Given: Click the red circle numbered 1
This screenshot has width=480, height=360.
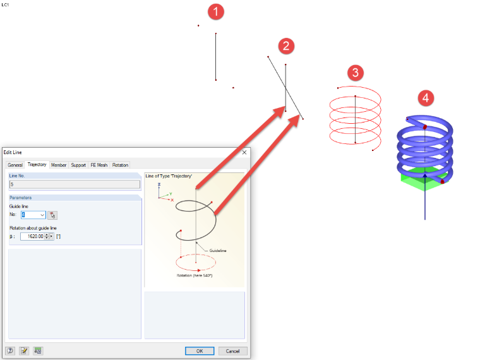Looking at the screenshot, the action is [x=216, y=12].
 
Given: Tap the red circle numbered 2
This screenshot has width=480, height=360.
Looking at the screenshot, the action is [x=286, y=46].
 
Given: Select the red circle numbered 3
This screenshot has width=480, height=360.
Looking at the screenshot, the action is [x=356, y=73].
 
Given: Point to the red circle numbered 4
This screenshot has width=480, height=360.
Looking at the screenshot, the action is [x=426, y=98].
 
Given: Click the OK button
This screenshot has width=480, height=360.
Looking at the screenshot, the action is [x=200, y=351].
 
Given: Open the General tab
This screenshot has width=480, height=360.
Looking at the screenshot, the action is [x=15, y=165].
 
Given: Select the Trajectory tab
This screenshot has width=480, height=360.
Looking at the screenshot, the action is [x=37, y=164].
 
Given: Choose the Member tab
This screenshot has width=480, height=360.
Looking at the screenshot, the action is [x=59, y=165].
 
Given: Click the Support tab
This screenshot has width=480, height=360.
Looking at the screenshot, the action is [x=78, y=165].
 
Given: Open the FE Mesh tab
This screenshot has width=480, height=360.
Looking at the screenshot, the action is [x=99, y=165].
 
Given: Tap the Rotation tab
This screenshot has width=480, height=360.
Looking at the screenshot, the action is [x=120, y=165].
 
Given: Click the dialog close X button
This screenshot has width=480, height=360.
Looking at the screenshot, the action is [x=244, y=152].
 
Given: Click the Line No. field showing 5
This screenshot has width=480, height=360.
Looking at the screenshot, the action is [x=75, y=184].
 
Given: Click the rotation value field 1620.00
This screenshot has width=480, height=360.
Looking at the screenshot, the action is [x=34, y=236].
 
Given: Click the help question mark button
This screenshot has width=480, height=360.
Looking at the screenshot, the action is [x=10, y=351].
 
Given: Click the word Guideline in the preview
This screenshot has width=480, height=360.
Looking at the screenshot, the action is [x=218, y=251].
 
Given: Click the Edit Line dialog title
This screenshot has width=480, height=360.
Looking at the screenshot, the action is [x=13, y=152].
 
